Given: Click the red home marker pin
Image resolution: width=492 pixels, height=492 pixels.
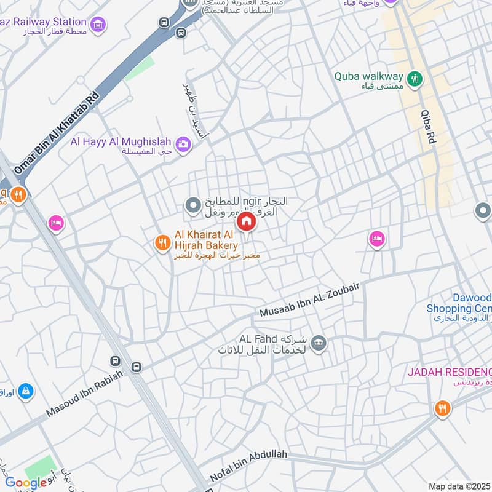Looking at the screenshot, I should [x=247, y=221].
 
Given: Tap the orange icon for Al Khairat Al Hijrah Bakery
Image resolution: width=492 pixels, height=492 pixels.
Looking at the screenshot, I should [x=162, y=244].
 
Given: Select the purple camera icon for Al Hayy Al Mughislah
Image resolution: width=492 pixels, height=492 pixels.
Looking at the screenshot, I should [x=183, y=145].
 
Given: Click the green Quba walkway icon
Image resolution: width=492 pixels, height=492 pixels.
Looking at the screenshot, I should [x=416, y=77].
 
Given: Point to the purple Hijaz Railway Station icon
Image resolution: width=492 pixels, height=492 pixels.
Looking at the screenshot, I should [x=97, y=25].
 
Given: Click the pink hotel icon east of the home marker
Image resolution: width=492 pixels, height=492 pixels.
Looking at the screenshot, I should [x=376, y=239].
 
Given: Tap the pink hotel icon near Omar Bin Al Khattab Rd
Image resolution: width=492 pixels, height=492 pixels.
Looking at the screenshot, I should [x=55, y=224].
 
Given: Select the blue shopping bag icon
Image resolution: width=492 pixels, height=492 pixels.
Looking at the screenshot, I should [x=25, y=391].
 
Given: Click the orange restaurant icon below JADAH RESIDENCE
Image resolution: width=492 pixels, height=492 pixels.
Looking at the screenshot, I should [x=442, y=408].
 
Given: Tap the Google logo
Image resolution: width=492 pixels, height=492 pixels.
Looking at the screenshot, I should [x=26, y=483].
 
